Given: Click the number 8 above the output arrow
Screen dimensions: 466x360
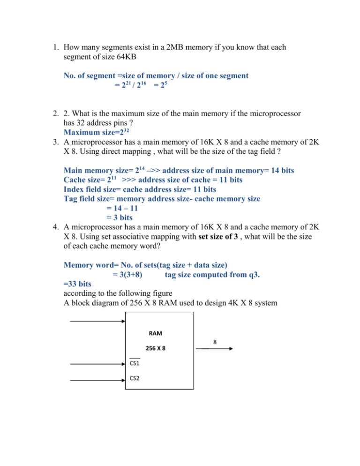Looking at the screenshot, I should (x=215, y=342).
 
